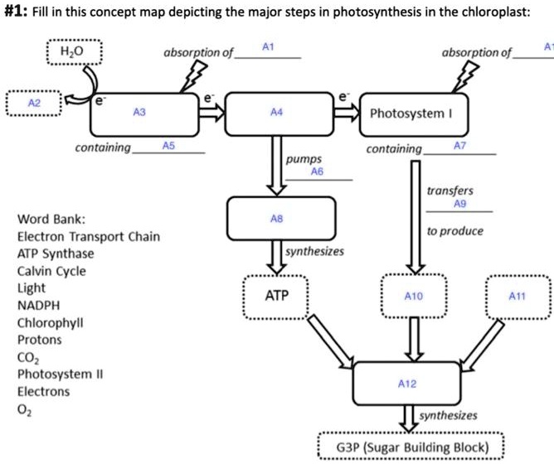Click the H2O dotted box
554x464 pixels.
coord(73,51)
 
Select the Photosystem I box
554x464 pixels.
coord(410,113)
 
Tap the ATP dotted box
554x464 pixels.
coord(276,295)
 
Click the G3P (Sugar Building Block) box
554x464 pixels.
coord(411,444)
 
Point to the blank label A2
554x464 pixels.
coord(33,103)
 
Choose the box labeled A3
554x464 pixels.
coord(139,113)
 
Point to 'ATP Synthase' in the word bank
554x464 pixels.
coord(56,254)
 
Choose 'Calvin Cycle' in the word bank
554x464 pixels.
coord(51,271)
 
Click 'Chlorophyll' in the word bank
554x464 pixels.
coord(50,322)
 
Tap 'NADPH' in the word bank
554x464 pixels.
coord(38,305)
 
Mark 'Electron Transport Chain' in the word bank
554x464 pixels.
coord(89,236)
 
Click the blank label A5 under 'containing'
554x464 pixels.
coord(168,145)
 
